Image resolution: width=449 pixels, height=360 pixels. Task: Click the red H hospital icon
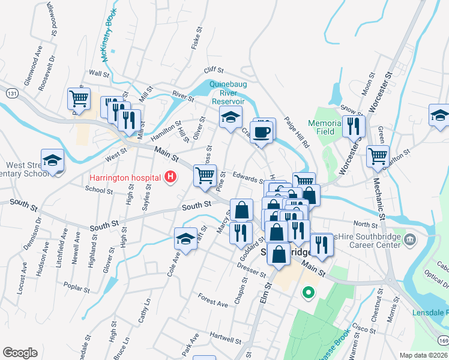[170, 177]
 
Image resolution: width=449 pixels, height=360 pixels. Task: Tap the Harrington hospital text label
[124, 178]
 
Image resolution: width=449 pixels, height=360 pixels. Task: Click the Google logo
[20, 352]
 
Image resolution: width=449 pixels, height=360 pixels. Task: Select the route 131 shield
[11, 93]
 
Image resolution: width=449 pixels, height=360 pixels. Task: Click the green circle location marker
[308, 293]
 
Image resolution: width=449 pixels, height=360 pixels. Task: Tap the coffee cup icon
[262, 130]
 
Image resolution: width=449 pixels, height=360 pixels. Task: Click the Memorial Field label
[324, 127]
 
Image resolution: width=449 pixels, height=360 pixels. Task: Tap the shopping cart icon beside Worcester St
[378, 157]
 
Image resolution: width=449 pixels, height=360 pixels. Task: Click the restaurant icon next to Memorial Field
[354, 125]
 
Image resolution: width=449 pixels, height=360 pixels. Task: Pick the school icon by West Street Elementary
[52, 160]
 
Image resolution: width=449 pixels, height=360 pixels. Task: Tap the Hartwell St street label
[226, 338]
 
